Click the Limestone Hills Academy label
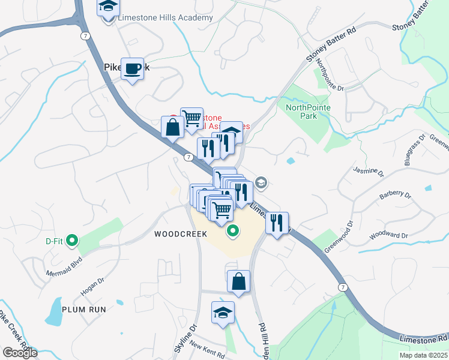coord(165,17)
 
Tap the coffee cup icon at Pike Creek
coord(132,69)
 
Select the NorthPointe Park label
coord(308,112)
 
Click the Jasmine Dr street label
coord(368,172)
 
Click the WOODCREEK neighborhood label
coord(181,234)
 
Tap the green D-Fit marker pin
coord(72,242)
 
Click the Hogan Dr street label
coord(92,287)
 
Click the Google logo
coord(20,352)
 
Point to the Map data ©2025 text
coord(423,355)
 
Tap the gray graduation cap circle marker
coord(261,182)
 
